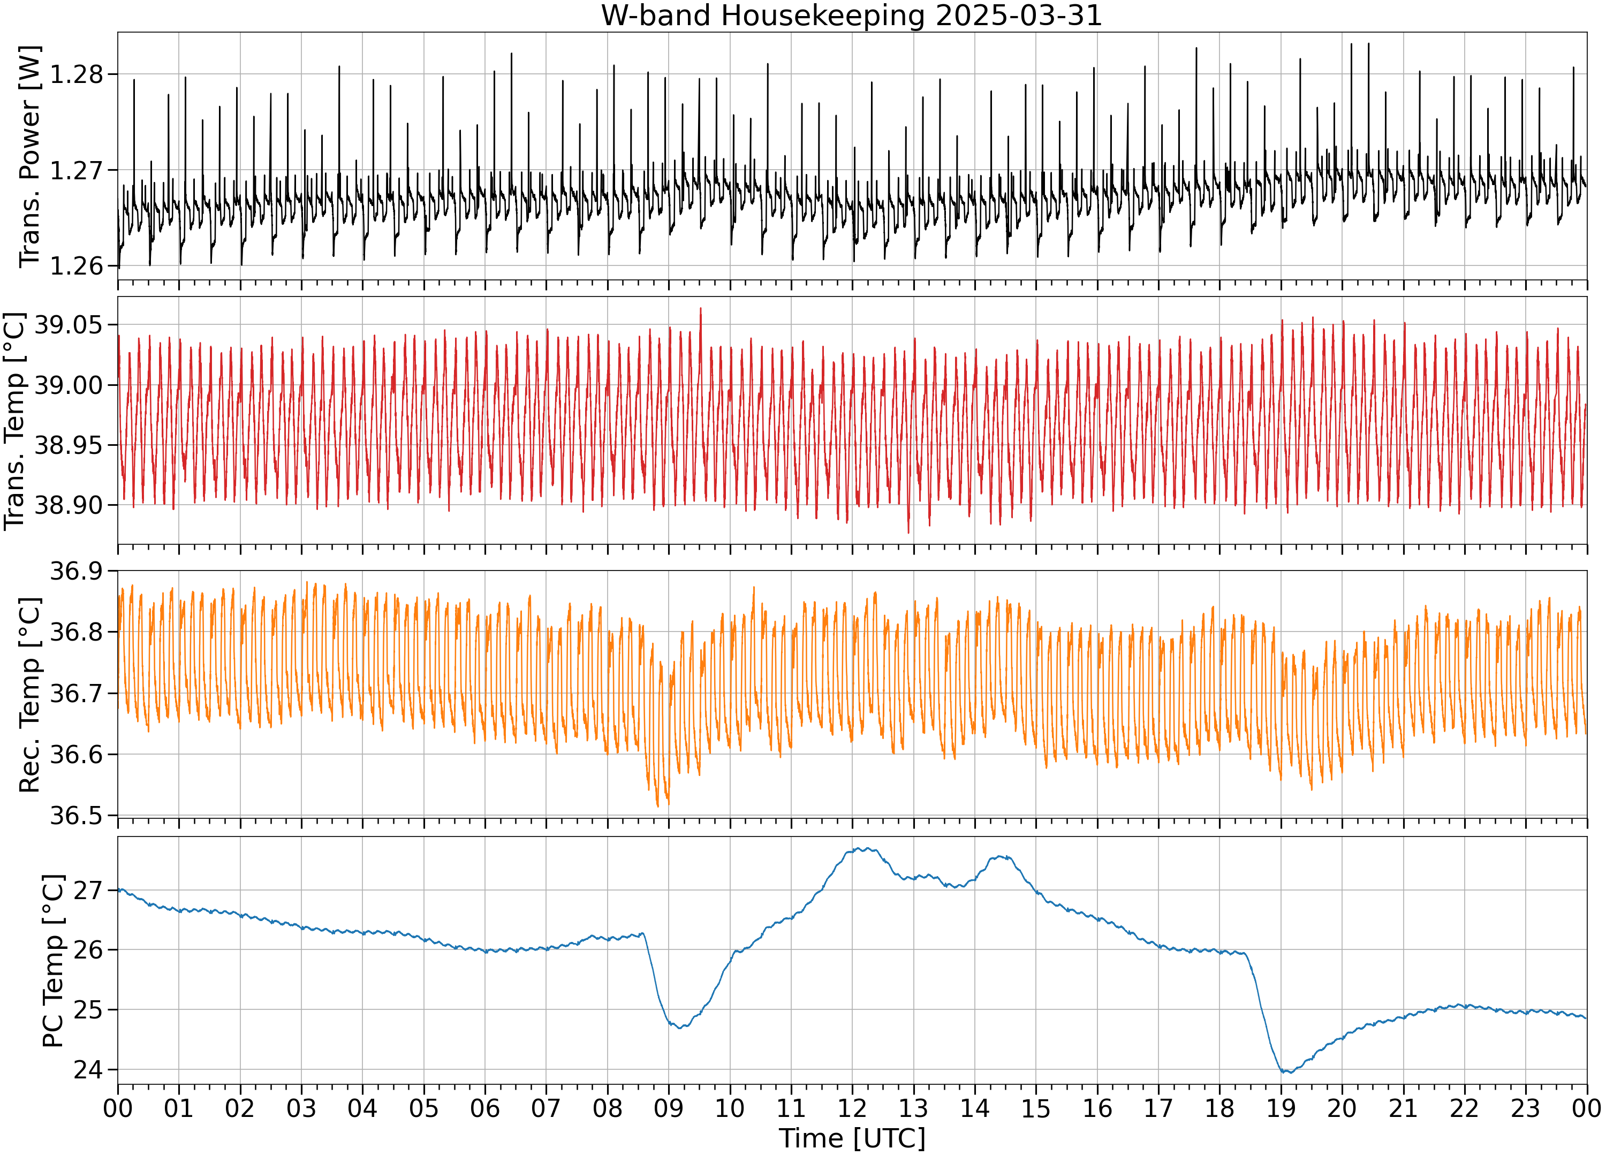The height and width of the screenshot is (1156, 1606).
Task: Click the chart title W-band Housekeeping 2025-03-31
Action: click(x=851, y=16)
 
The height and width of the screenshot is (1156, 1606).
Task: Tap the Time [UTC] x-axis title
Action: click(x=852, y=1138)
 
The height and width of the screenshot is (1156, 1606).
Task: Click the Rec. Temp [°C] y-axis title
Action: click(x=30, y=695)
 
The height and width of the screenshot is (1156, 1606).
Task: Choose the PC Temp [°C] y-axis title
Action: click(x=53, y=961)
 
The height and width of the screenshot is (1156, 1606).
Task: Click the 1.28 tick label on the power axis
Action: click(x=76, y=74)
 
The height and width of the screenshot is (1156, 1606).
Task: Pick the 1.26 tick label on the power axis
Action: click(x=76, y=266)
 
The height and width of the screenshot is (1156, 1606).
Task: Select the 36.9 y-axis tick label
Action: click(x=76, y=571)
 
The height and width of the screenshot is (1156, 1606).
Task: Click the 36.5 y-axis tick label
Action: click(x=76, y=816)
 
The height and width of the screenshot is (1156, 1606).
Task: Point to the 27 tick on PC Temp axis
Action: click(x=88, y=890)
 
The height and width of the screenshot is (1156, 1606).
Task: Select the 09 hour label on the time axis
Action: click(x=669, y=1108)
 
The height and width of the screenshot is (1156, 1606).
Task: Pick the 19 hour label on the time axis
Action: click(x=1281, y=1108)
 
